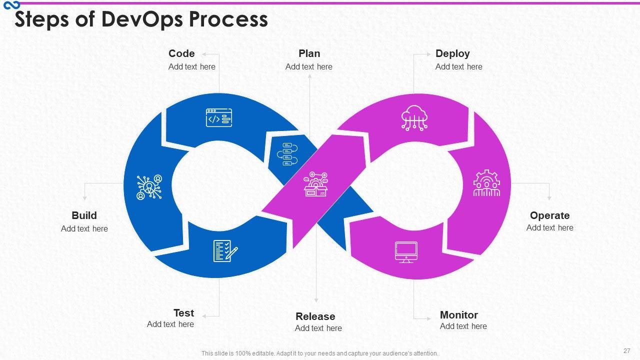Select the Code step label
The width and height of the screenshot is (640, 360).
181,53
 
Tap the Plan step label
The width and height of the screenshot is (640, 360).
309,53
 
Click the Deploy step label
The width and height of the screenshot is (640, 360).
452,53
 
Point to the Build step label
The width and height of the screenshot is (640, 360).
84,215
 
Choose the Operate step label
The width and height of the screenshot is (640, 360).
549,215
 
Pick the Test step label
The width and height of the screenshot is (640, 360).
183,313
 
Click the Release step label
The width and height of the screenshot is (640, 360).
315,316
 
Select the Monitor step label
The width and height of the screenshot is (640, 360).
458,315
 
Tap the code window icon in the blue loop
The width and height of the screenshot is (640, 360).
219,118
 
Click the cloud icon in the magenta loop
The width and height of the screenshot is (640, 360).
414,118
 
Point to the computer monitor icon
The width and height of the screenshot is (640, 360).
406,252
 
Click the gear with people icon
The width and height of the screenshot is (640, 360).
486,183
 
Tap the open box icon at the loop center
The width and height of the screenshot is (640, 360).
315,185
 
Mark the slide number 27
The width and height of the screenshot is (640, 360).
627,350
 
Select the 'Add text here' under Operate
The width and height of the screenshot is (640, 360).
549,228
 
